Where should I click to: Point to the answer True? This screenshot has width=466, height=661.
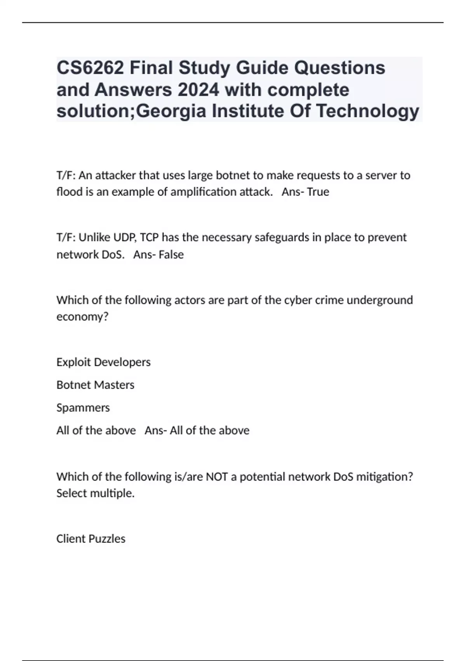(318, 192)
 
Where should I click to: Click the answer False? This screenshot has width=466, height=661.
(171, 254)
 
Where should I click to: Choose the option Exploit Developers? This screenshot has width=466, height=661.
(103, 362)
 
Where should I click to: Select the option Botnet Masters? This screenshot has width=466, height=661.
(95, 385)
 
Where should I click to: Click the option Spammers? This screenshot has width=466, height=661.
(83, 407)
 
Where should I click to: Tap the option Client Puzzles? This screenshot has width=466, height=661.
(91, 539)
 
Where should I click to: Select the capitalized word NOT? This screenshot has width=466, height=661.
(217, 476)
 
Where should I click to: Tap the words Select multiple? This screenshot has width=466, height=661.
(95, 493)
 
